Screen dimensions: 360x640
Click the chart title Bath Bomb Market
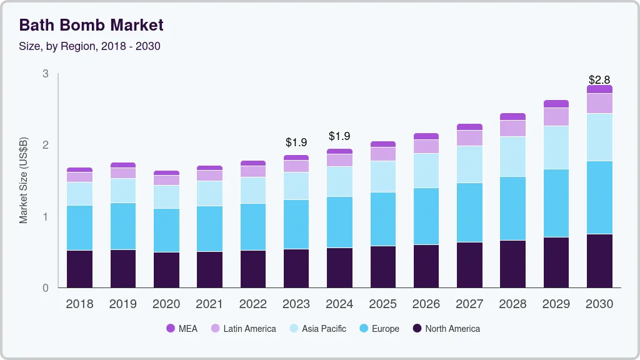(91, 25)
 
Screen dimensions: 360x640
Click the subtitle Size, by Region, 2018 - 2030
(90, 46)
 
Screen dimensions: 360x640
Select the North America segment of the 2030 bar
(599, 261)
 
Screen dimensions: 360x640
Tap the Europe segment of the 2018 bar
(79, 227)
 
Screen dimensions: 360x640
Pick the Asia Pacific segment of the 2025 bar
(382, 176)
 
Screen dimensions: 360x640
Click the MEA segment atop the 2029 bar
(556, 104)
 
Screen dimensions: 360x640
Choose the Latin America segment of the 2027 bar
(469, 137)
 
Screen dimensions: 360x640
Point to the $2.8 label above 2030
(599, 80)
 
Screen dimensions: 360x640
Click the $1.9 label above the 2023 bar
(296, 142)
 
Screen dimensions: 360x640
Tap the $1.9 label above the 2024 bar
(339, 136)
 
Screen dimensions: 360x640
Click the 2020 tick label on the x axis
(166, 304)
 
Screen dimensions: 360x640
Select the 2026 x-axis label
(426, 304)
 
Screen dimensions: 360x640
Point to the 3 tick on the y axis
(46, 74)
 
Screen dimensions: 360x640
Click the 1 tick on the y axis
(46, 217)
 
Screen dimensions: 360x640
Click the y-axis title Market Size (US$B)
(24, 180)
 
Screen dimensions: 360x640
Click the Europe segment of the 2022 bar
(253, 226)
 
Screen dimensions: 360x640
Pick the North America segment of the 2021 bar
(209, 269)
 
